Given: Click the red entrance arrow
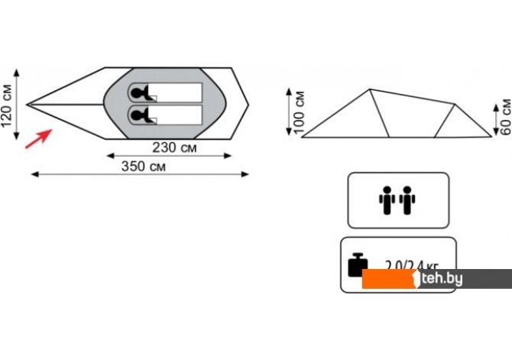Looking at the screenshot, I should point(37,139).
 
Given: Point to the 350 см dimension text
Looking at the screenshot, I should point(143,167).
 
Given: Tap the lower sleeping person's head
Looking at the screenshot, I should point(136,115).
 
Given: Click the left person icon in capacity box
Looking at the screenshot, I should point(387,199).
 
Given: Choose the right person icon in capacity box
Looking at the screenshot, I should point(407,199).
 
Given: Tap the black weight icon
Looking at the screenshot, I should point(358,264).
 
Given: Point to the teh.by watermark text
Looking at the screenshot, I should point(442,280).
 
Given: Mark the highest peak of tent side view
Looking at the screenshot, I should point(371,89).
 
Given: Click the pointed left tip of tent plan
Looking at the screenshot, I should point(28,104).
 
